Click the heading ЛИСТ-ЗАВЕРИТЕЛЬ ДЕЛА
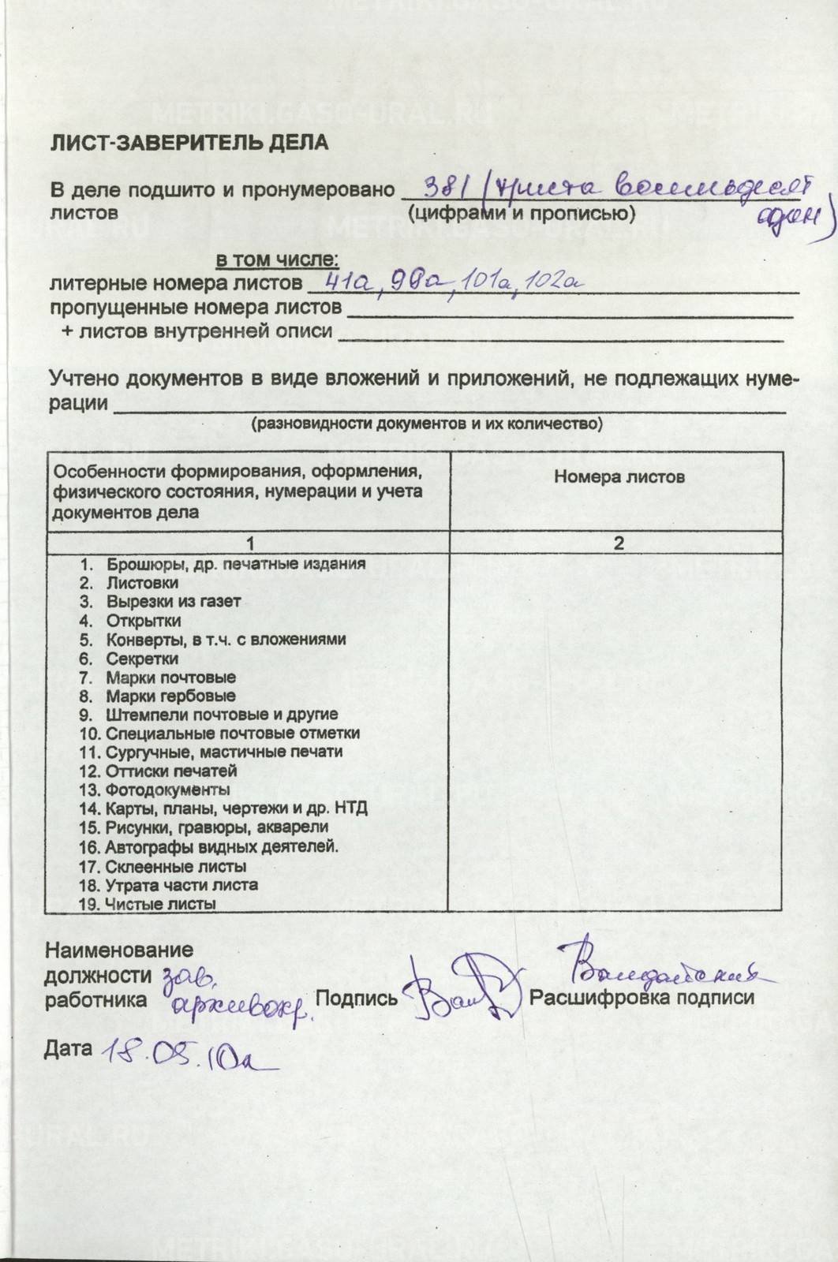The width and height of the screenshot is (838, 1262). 189,142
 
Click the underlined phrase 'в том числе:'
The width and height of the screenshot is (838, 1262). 278,259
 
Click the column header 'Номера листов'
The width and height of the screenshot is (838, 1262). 619,476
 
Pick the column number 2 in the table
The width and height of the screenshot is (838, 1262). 619,543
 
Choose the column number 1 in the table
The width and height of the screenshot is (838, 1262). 250,543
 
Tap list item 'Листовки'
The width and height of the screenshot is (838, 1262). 142,583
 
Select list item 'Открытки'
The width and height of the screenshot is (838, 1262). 144,621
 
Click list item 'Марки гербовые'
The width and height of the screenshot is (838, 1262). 170,696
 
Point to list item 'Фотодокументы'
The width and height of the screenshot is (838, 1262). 167,790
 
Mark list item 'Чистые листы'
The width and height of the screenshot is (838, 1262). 160,904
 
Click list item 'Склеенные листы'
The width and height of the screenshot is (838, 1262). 175,866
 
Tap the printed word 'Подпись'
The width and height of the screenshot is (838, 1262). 357,998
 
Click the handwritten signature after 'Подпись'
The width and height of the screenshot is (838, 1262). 462,986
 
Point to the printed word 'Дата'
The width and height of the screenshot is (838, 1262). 67,1048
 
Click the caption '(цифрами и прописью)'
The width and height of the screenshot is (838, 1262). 522,213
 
